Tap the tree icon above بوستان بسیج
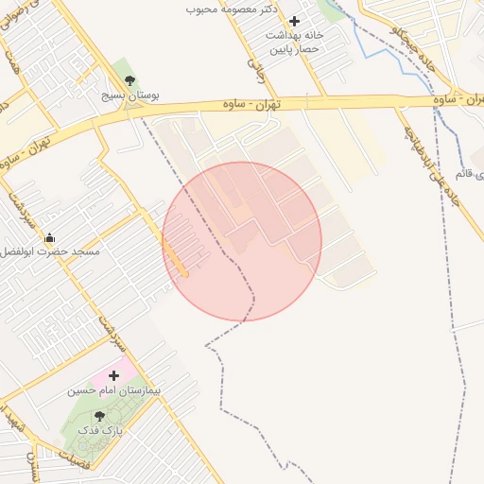(130, 80)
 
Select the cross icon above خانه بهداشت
(294, 21)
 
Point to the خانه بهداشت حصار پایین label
(294, 42)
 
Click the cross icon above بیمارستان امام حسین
(114, 375)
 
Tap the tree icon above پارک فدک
(99, 415)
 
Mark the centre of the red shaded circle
(242, 241)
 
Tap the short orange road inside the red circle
(174, 256)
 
